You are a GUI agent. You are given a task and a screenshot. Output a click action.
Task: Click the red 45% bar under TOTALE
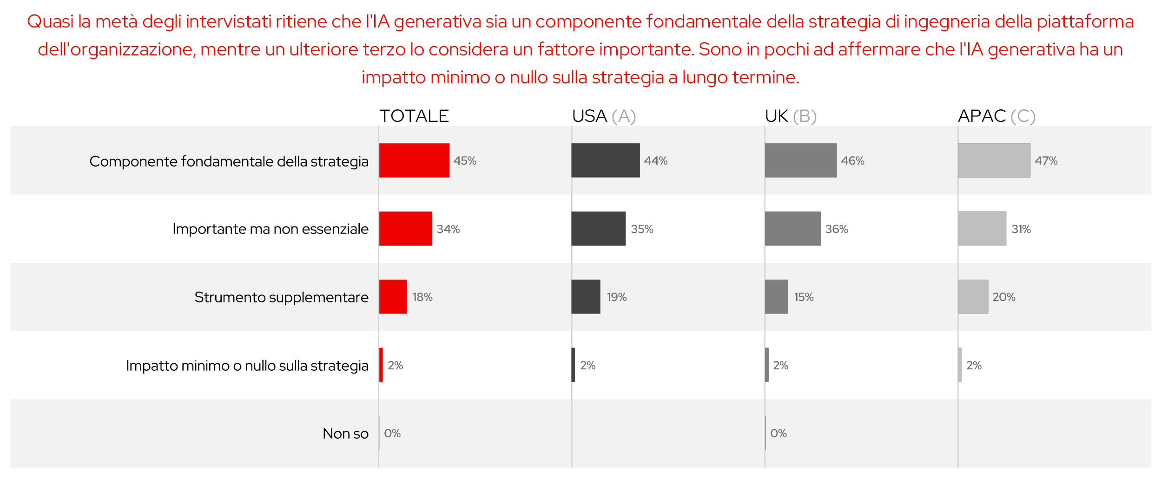(414, 160)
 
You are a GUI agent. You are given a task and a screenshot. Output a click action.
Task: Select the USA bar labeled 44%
(605, 160)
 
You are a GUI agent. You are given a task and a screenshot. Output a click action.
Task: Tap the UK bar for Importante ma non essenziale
(792, 228)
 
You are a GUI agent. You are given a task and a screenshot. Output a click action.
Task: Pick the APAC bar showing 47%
(994, 160)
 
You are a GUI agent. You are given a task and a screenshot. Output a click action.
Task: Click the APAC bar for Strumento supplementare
(973, 297)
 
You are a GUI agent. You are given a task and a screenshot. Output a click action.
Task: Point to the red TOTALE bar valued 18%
(393, 297)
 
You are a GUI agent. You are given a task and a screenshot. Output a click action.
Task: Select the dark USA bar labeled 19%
(586, 297)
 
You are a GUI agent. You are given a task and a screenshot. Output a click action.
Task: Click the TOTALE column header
(414, 116)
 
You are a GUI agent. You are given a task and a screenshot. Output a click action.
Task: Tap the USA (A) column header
(604, 116)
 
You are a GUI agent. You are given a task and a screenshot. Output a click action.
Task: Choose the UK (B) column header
(791, 116)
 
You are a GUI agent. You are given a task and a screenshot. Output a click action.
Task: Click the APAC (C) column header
(996, 116)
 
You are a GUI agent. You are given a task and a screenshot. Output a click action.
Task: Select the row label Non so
(345, 434)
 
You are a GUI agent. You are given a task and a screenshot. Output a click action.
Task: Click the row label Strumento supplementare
(281, 297)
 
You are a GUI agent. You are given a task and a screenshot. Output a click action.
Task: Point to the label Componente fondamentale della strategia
(229, 161)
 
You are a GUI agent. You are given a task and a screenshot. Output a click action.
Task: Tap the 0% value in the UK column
(778, 434)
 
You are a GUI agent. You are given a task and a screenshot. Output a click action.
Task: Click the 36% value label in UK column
(837, 229)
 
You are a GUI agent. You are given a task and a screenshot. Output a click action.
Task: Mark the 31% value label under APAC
(1021, 229)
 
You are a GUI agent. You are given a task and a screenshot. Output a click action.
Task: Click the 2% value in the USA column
(587, 365)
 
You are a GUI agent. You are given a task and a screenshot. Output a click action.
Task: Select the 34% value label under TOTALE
(448, 229)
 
